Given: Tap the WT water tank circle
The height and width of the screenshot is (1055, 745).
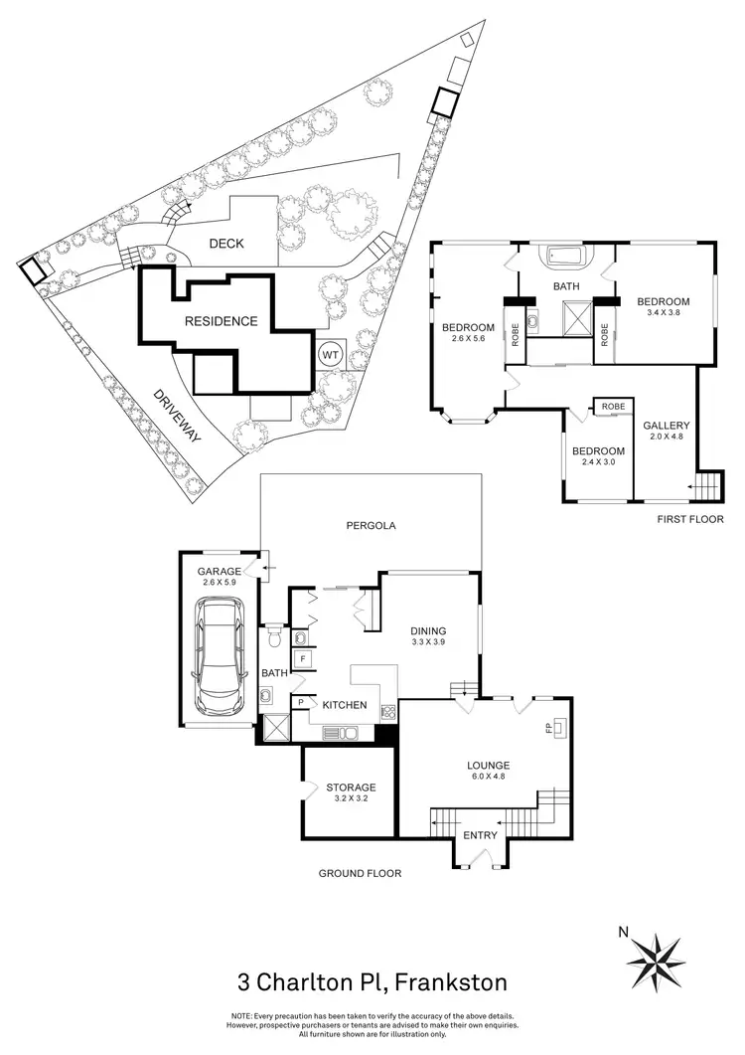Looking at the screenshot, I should click(329, 353).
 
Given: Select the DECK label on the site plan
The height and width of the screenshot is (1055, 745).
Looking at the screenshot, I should click(226, 244).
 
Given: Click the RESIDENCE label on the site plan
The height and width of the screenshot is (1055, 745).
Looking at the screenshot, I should click(220, 321).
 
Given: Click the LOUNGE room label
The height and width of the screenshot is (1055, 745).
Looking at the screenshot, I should click(489, 765).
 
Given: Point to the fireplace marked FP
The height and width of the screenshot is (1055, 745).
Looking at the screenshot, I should click(553, 730).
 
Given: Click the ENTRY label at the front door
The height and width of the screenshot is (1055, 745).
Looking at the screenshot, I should click(481, 834).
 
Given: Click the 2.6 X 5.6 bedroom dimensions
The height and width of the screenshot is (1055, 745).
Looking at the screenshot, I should click(468, 341).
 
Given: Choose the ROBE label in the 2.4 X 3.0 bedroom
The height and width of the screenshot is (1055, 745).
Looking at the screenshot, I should click(612, 406).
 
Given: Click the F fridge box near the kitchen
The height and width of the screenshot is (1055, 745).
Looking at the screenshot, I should click(300, 658).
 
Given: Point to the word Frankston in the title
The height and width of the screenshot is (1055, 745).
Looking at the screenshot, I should click(451, 983).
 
